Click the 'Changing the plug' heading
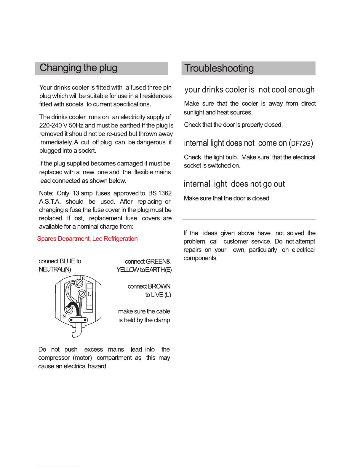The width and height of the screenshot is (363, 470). pos(79,68)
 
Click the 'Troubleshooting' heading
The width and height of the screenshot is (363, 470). pos(219,68)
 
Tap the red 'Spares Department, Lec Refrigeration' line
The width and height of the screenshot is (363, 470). pos(87,239)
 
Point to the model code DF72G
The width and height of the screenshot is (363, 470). pos(301,144)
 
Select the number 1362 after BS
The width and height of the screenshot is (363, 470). pos(165,193)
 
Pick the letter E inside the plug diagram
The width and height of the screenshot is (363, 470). pos(83,278)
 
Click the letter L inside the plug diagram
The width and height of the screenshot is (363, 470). pos(89,294)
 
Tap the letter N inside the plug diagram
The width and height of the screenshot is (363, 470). pos(64,316)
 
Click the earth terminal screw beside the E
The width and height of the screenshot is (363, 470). pos(79,283)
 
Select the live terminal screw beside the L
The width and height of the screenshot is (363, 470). pos(82,294)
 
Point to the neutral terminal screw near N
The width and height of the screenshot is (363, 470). pos(68,310)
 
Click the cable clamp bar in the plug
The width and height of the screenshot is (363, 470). pos(78,320)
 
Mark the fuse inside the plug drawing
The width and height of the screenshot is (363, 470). pos(89,295)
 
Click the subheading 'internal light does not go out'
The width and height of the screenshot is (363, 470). pos(234,184)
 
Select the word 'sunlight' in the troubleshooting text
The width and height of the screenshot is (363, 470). pos(194,112)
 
